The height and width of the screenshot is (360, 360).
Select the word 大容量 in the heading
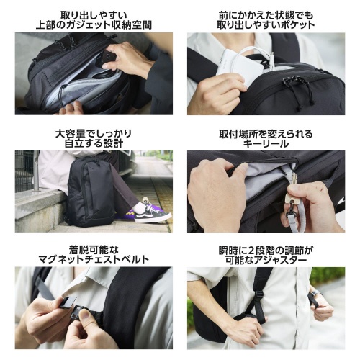(x=68, y=134)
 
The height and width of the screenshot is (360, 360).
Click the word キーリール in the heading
(x=266, y=144)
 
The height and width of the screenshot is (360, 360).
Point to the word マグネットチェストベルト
(x=94, y=259)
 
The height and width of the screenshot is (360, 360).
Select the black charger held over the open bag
(x=106, y=59)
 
